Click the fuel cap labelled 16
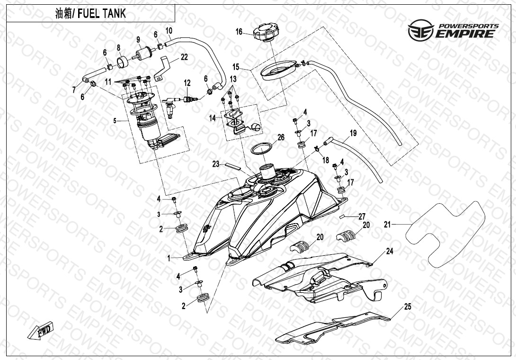tap(265, 34)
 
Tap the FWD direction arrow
tap(41, 330)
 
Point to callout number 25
tap(408, 307)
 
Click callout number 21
tap(387, 225)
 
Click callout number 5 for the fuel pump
tap(114, 121)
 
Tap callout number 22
tap(184, 57)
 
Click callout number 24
tap(390, 252)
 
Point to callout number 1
tap(169, 258)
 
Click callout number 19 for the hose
tap(353, 133)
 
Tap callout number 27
tap(362, 216)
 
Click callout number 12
tap(187, 83)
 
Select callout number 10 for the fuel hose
tap(169, 31)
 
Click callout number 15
tap(236, 67)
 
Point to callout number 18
tap(326, 161)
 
